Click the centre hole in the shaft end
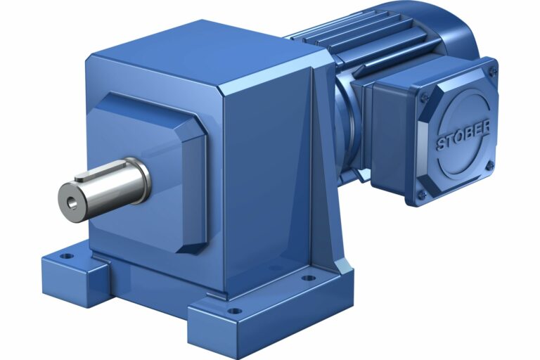[70, 202]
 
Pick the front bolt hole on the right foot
[235, 310]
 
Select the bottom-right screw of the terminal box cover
[489, 165]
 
